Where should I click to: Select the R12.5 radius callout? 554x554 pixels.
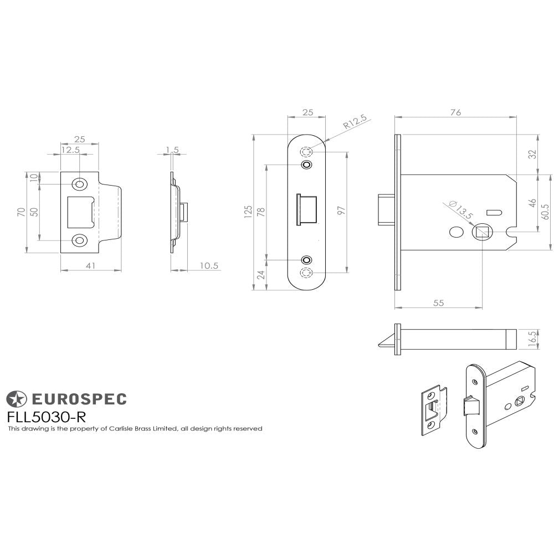(355, 121)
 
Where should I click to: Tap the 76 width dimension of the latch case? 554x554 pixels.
(455, 112)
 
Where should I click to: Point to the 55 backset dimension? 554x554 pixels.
(438, 302)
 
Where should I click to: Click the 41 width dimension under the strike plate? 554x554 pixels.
(90, 266)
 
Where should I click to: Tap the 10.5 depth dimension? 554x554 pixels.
(209, 266)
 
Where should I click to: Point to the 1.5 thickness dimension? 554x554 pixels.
(172, 150)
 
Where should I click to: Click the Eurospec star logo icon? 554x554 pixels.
(16, 398)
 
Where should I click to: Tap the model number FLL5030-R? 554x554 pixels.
(46, 416)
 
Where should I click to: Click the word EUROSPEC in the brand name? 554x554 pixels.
(78, 398)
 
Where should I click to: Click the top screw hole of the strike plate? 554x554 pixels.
(80, 183)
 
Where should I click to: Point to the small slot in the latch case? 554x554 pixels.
(493, 212)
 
